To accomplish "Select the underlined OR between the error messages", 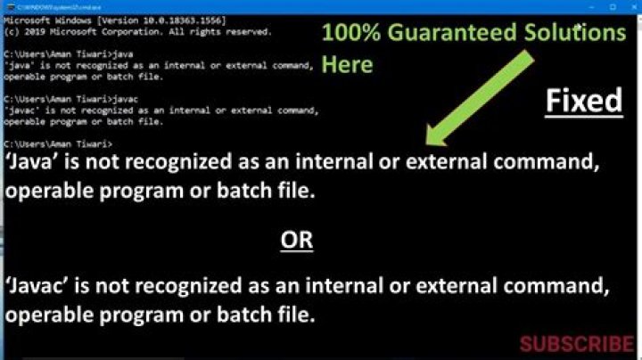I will click(297, 240).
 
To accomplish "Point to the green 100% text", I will click(345, 33).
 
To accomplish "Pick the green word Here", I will click(347, 65).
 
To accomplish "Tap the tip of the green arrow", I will click(430, 143).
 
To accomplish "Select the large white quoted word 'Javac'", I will click(37, 287).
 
